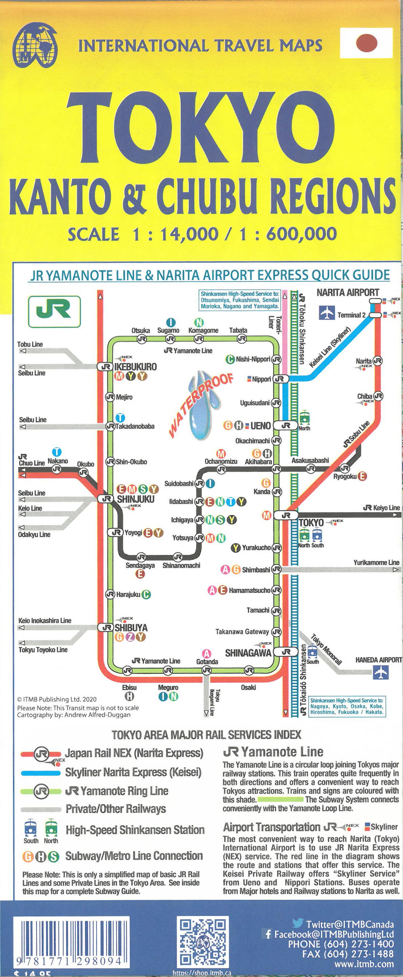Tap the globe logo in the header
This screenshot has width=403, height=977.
[x=35, y=45]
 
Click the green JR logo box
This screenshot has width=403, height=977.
[x=54, y=311]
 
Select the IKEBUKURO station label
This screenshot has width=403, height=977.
[x=135, y=367]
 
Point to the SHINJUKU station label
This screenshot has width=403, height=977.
[x=135, y=499]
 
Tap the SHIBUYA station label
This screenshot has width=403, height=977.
[x=131, y=628]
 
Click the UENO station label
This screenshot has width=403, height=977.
[x=260, y=425]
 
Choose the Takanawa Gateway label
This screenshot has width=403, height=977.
[x=242, y=631]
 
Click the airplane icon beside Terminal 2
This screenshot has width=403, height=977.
[x=326, y=313]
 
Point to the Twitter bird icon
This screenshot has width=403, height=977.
[x=298, y=923]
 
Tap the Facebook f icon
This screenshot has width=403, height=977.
[x=268, y=934]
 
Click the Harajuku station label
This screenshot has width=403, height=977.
[x=128, y=594]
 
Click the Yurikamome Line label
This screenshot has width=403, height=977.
[x=376, y=562]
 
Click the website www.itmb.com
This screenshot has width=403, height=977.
[x=364, y=964]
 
